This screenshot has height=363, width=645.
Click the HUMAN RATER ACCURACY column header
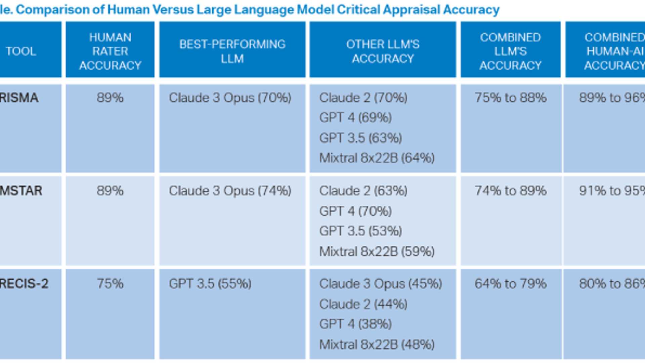(x=110, y=51)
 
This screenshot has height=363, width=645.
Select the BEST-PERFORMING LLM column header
(x=232, y=51)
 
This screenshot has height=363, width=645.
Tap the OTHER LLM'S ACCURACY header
(x=383, y=51)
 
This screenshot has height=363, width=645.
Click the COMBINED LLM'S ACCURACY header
(x=510, y=51)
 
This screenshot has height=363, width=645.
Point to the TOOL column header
(x=21, y=51)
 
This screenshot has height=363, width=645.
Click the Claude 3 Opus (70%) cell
(x=230, y=98)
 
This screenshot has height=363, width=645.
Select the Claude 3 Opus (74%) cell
(x=230, y=191)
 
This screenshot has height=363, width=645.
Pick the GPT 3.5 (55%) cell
(x=210, y=284)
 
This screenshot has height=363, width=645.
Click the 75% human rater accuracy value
(x=110, y=284)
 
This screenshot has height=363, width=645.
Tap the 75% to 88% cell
(x=510, y=98)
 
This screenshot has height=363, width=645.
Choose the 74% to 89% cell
(x=510, y=191)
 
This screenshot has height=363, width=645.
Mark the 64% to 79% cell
(x=510, y=284)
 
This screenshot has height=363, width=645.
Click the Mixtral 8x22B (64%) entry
(x=377, y=158)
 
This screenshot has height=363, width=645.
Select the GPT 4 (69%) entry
(x=355, y=118)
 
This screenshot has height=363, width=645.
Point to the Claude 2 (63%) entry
(x=363, y=191)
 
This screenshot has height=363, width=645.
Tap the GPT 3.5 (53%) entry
(x=360, y=231)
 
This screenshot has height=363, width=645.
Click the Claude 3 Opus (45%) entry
(x=380, y=284)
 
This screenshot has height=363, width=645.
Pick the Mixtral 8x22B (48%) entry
(x=377, y=345)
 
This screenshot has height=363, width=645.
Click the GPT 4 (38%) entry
(x=355, y=324)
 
